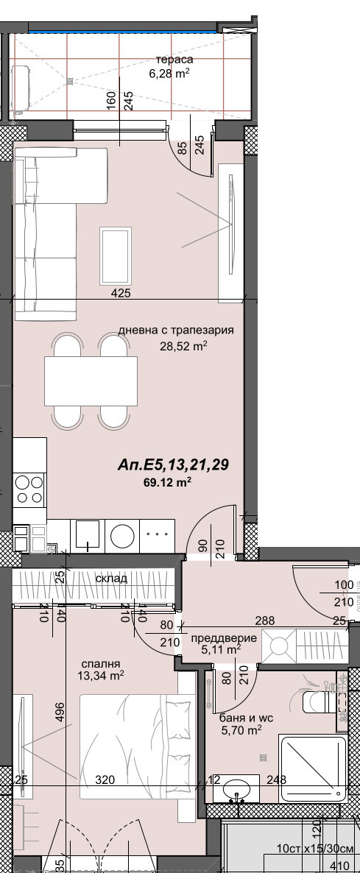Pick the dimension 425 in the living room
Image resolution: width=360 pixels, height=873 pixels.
(121, 294)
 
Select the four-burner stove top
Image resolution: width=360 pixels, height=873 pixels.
(29, 489)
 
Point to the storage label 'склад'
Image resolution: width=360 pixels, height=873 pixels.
(111, 579)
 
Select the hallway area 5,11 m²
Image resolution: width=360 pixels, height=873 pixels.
(222, 650)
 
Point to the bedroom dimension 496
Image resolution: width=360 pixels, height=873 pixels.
(61, 713)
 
